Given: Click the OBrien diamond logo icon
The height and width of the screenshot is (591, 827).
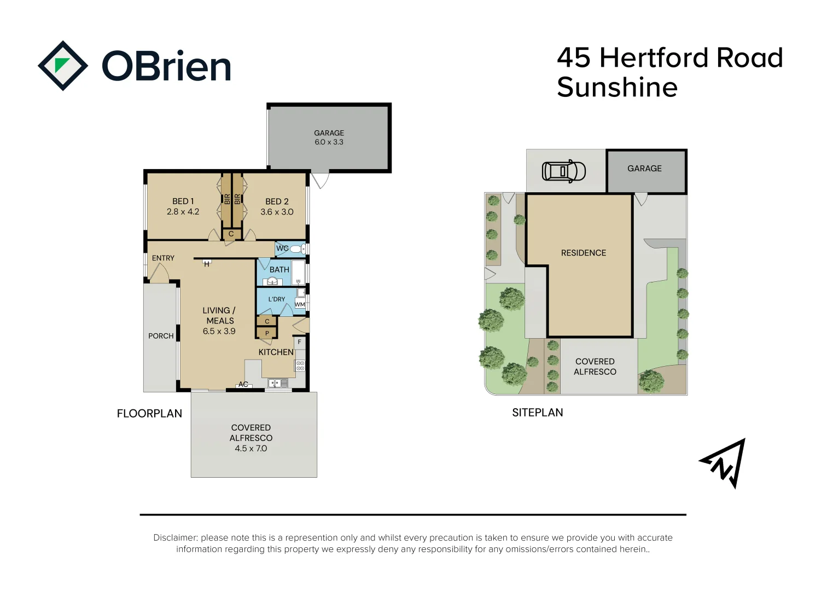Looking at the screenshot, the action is (63, 66).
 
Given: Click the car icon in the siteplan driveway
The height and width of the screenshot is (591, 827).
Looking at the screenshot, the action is (563, 171).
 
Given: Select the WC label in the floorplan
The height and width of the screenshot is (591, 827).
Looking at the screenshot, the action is (282, 248).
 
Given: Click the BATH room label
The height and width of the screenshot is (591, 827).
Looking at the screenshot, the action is (279, 270).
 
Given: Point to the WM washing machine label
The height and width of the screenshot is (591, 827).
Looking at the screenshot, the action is (300, 305).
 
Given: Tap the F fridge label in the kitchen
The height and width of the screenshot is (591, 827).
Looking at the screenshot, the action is (299, 342).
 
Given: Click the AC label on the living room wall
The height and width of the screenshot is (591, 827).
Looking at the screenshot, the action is (243, 384).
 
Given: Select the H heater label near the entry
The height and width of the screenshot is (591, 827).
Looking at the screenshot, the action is (207, 264).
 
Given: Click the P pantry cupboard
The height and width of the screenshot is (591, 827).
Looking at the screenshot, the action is (267, 333).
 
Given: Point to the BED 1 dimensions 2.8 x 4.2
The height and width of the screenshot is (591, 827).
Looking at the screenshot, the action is (183, 212).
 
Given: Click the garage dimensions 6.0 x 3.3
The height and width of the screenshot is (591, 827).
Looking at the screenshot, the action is (329, 142).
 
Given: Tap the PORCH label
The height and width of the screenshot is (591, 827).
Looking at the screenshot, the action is (161, 336).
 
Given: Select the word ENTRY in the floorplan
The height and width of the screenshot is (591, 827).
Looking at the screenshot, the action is (163, 258).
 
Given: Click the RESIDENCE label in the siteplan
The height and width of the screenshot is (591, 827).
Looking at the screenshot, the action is (584, 253).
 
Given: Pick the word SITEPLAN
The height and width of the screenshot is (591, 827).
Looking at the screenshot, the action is (538, 413).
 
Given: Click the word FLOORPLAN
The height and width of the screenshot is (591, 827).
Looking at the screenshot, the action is (149, 413).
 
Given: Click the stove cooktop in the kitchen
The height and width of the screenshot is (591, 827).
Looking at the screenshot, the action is (300, 366).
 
